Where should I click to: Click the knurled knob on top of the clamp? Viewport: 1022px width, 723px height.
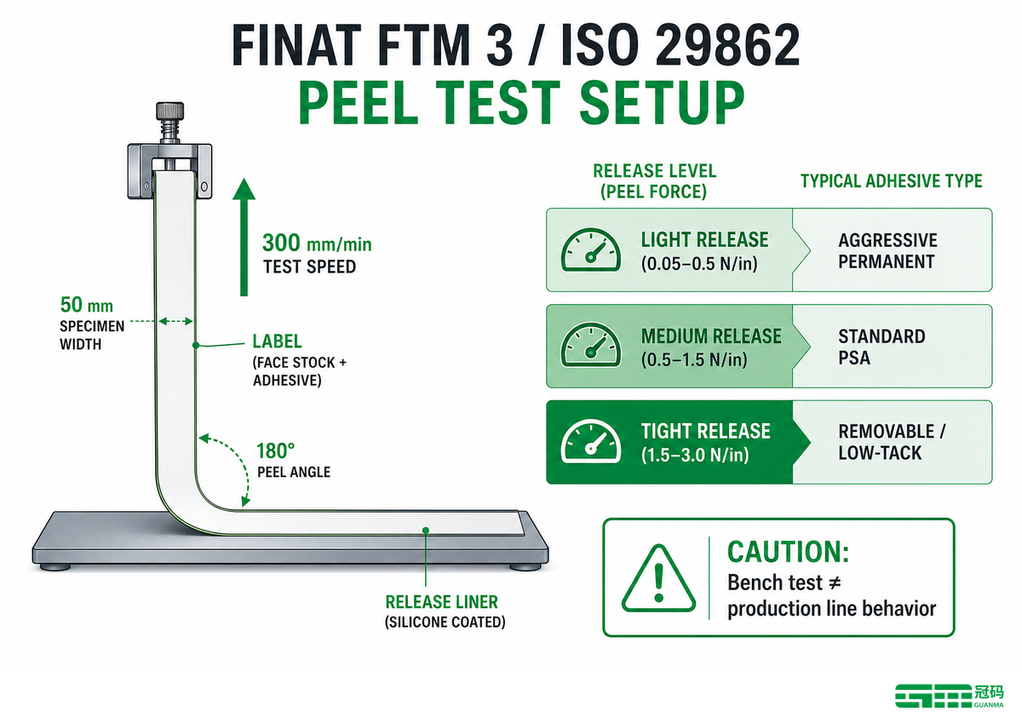pyautogui.click(x=169, y=111)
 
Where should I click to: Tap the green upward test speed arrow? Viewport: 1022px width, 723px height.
pyautogui.click(x=244, y=237)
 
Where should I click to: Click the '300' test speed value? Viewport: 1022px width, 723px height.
pyautogui.click(x=281, y=243)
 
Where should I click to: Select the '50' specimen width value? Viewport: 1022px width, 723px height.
pyautogui.click(x=72, y=305)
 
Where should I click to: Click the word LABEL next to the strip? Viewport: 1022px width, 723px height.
pyautogui.click(x=277, y=341)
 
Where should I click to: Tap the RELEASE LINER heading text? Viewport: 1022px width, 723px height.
pyautogui.click(x=442, y=602)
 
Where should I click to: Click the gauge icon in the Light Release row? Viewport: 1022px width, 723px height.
pyautogui.click(x=591, y=250)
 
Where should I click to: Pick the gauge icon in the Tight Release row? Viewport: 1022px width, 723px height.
pyautogui.click(x=591, y=441)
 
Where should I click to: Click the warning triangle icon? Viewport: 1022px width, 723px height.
pyautogui.click(x=658, y=578)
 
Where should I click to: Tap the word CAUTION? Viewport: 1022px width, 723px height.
pyautogui.click(x=788, y=552)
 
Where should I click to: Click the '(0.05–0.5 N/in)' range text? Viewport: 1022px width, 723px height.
pyautogui.click(x=699, y=264)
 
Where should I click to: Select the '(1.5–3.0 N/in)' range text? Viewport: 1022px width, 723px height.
pyautogui.click(x=695, y=455)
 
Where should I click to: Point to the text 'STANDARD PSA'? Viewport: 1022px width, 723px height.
pyautogui.click(x=881, y=347)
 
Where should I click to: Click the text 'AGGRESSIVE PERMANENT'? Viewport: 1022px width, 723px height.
pyautogui.click(x=887, y=251)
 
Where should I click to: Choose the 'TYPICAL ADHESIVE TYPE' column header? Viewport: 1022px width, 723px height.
pyautogui.click(x=891, y=181)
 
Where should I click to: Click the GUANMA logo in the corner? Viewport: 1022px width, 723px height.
pyautogui.click(x=949, y=695)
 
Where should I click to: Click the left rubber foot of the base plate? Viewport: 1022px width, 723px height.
pyautogui.click(x=55, y=567)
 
